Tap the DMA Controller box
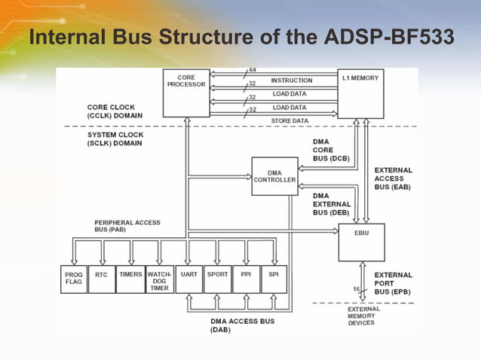274,176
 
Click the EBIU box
361,242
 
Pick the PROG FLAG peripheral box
73,279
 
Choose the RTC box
101,279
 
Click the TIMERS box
130,279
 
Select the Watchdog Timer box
159,279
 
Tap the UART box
188,279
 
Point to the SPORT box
217,279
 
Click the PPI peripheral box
246,279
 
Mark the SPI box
273,279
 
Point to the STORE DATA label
290,121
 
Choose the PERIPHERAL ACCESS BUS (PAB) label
127,227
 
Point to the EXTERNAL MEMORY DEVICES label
364,316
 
